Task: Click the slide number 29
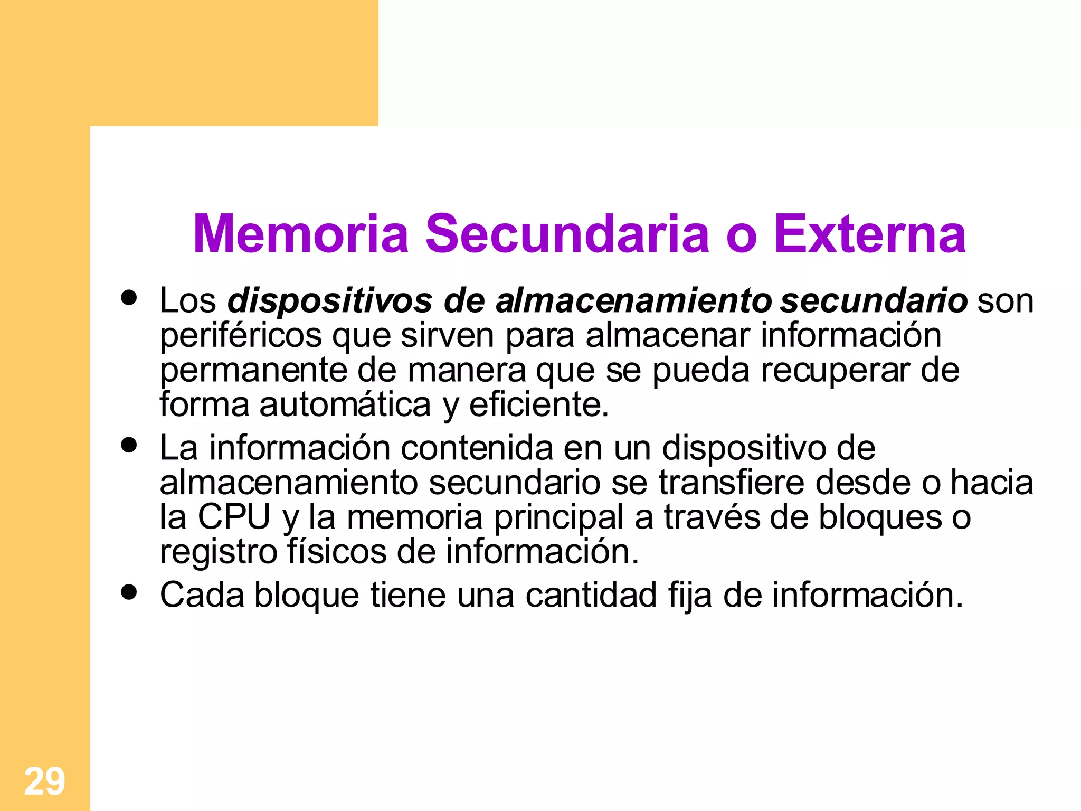click(x=45, y=781)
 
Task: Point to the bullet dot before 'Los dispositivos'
click(x=129, y=298)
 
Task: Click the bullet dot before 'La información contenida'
click(x=129, y=445)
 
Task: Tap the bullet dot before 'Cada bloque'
click(x=129, y=592)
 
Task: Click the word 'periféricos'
click(x=240, y=336)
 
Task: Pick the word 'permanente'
click(x=253, y=371)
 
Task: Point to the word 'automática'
click(x=345, y=405)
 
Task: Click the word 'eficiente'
click(x=538, y=405)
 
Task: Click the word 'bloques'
click(x=880, y=517)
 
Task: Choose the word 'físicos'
click(x=336, y=552)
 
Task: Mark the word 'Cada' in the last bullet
click(x=202, y=596)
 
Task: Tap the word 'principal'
click(x=559, y=517)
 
